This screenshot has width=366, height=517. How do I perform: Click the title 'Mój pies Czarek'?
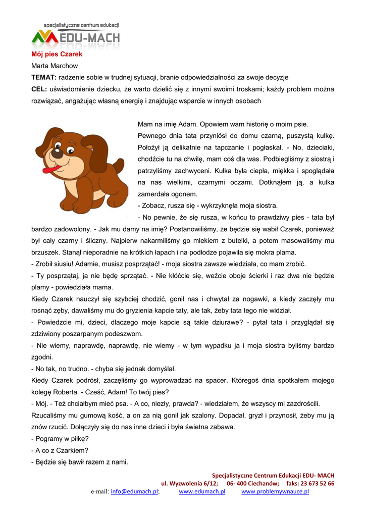[x=57, y=54]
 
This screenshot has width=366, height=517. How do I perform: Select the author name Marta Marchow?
[x=55, y=66]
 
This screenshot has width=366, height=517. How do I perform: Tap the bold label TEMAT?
[x=44, y=77]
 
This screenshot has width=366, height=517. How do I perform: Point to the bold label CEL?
[x=39, y=89]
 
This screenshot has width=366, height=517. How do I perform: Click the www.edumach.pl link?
[x=202, y=492]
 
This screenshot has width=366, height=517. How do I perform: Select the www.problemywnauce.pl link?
[x=275, y=492]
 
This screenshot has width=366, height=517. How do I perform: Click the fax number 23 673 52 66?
[x=317, y=483]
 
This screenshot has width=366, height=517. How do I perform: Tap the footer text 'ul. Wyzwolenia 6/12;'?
[x=190, y=483]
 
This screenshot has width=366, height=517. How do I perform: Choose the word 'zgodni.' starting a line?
[x=42, y=357]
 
